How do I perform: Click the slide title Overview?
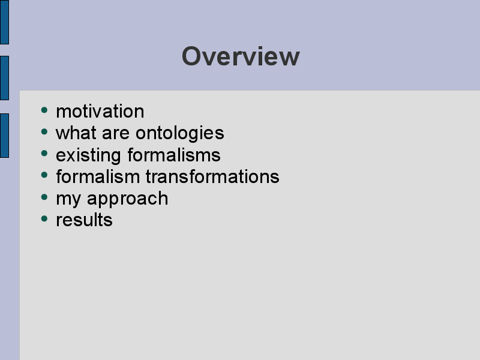(241, 56)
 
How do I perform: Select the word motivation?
(100, 111)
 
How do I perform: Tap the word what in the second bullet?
(76, 133)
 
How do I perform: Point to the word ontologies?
(179, 133)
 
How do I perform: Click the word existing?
(88, 155)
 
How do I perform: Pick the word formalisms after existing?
(174, 155)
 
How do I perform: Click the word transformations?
(212, 176)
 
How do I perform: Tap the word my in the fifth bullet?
(69, 199)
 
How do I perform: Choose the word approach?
(128, 199)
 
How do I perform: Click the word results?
(84, 220)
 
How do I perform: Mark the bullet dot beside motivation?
(44, 110)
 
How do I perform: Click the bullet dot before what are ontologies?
(44, 131)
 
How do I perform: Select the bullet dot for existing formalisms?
(44, 154)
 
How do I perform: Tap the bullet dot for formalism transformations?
(44, 175)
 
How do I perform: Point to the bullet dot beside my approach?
(44, 197)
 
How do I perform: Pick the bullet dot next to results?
(44, 218)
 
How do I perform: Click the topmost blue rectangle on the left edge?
(4, 22)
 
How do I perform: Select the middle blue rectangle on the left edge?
(4, 78)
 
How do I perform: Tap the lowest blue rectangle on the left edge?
(4, 136)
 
